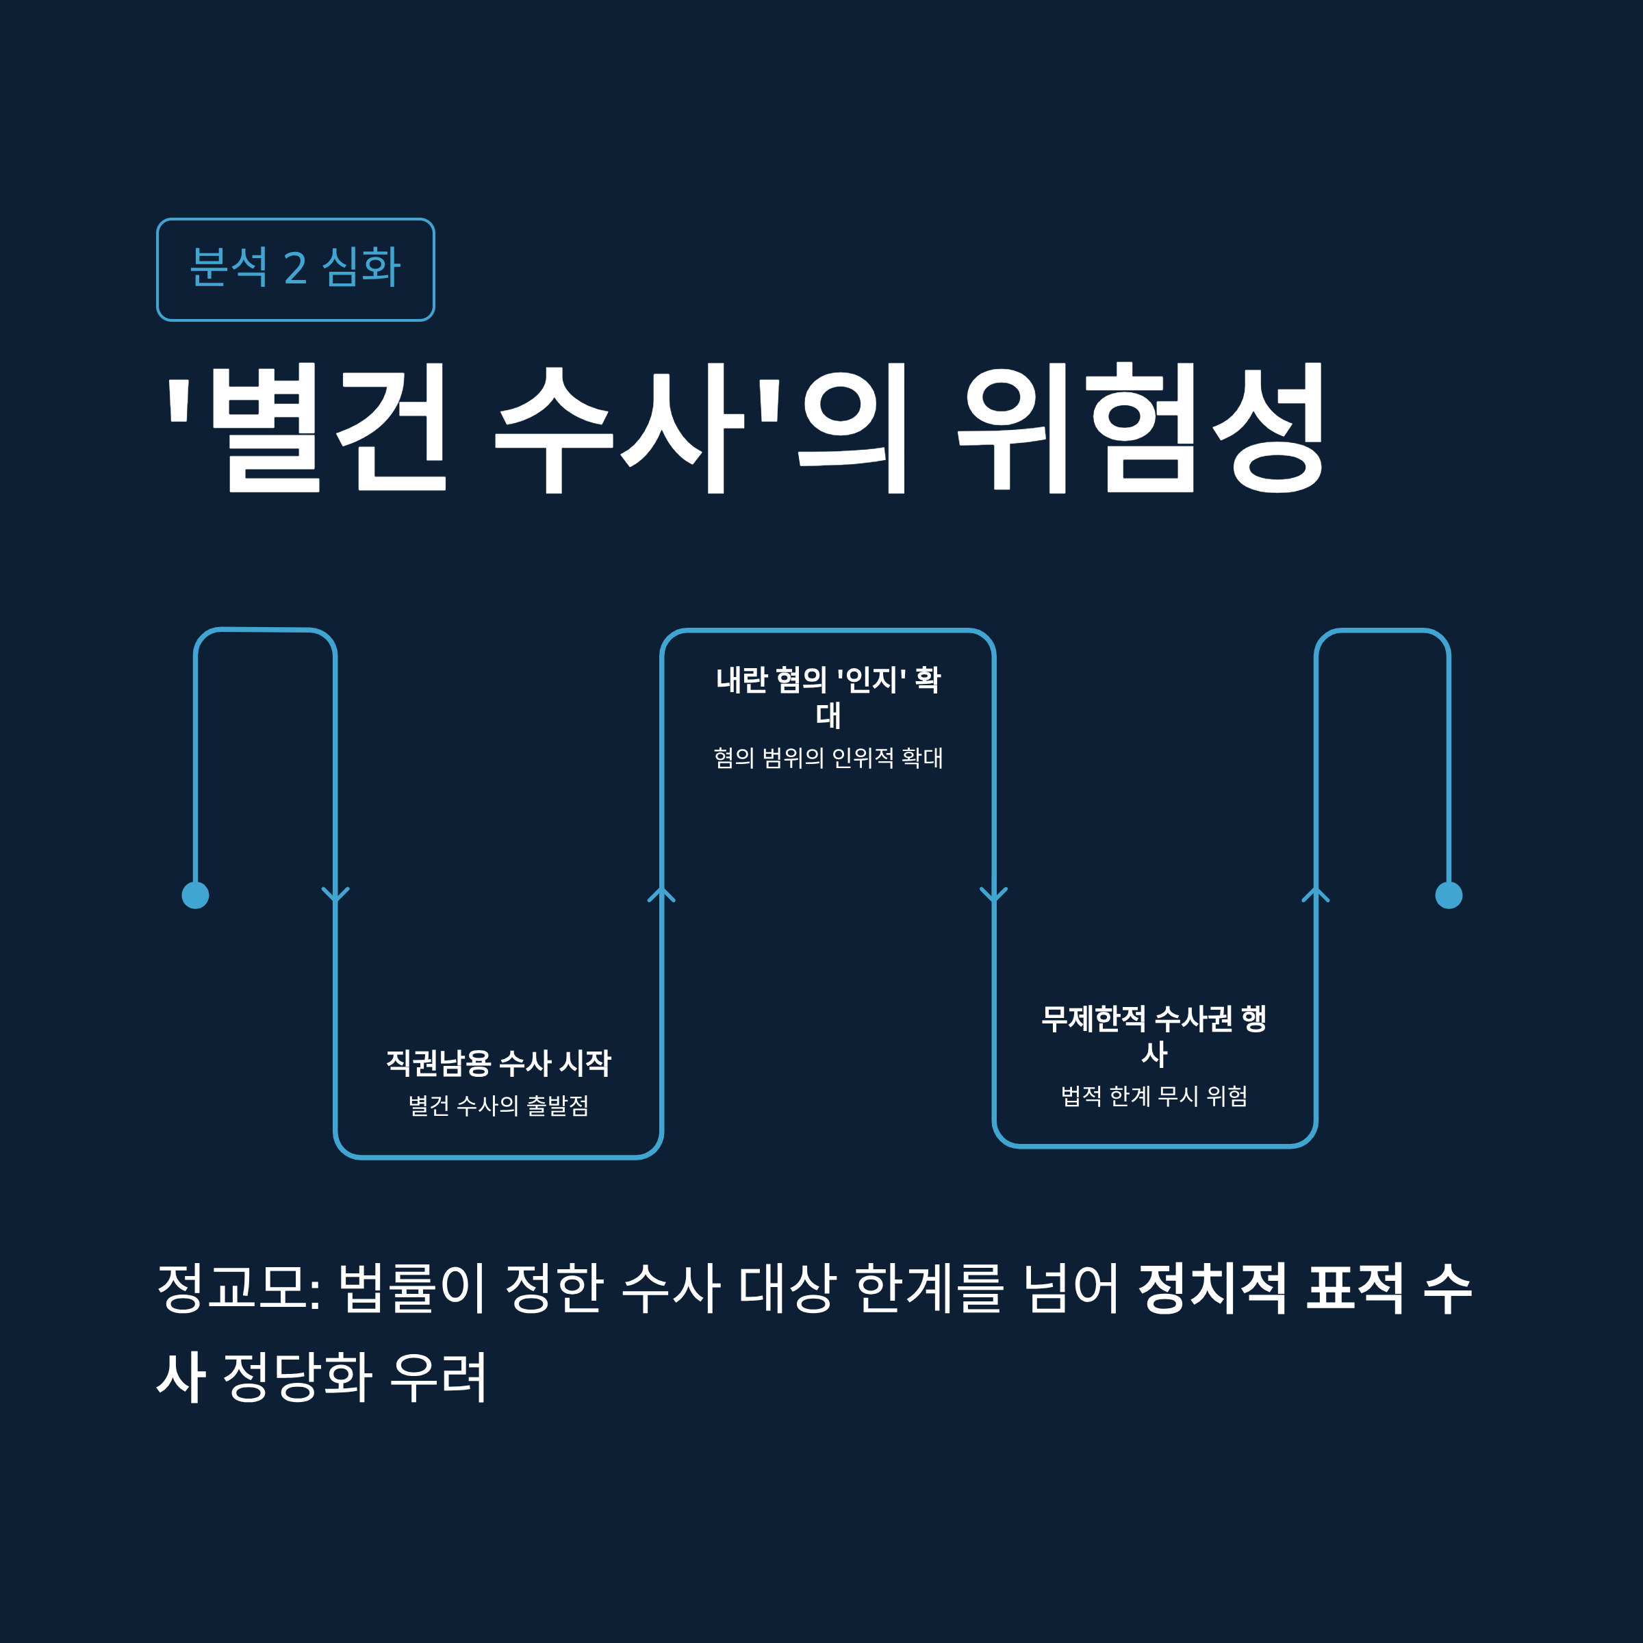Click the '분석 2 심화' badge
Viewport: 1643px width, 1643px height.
click(x=295, y=270)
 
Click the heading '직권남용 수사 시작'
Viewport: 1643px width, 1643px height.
click(x=498, y=1063)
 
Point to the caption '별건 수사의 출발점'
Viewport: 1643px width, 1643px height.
click(x=498, y=1106)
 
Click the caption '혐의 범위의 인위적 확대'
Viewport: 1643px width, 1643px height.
click(x=828, y=758)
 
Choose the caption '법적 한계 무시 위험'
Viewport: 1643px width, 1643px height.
click(x=1154, y=1096)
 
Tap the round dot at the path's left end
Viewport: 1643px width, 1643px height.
click(x=196, y=895)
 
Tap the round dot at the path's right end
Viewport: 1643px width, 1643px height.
click(x=1449, y=895)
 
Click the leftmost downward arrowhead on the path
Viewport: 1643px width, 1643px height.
click(x=336, y=895)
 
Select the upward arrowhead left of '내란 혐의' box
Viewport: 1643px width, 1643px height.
click(x=661, y=895)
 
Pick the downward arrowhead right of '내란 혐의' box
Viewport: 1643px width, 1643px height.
click(x=993, y=895)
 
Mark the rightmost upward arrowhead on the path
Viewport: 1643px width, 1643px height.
click(x=1316, y=895)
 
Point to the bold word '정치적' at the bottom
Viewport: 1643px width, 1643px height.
click(x=1212, y=1288)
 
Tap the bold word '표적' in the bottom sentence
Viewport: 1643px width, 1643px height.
click(x=1355, y=1288)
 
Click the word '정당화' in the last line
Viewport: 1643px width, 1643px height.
click(x=298, y=1376)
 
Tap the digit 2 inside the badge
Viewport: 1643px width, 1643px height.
click(x=295, y=269)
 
